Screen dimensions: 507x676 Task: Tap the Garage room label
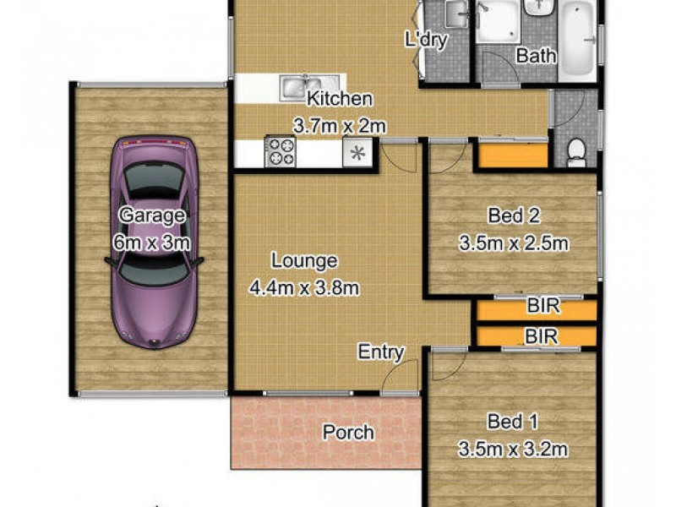pyautogui.click(x=151, y=215)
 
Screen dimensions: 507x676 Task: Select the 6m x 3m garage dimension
pyautogui.click(x=151, y=243)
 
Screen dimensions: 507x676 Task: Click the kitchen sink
pyautogui.click(x=297, y=86)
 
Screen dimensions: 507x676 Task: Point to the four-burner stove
pyautogui.click(x=282, y=152)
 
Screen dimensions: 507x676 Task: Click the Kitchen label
pyautogui.click(x=340, y=98)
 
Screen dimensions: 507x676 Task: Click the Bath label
pyautogui.click(x=537, y=57)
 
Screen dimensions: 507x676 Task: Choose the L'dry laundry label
pyautogui.click(x=425, y=40)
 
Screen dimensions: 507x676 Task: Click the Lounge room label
pyautogui.click(x=304, y=262)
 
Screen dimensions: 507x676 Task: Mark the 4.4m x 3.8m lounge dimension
pyautogui.click(x=304, y=289)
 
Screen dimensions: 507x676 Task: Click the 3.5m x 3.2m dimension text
pyautogui.click(x=513, y=450)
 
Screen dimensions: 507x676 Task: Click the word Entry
pyautogui.click(x=381, y=352)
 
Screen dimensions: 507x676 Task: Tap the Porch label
pyautogui.click(x=348, y=433)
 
